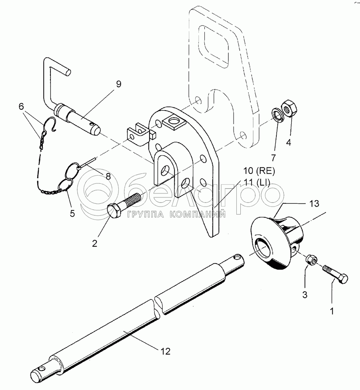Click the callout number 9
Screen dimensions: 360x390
click(119, 84)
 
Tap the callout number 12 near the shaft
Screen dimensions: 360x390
click(166, 351)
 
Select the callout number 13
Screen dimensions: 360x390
click(314, 203)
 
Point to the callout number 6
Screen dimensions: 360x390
click(21, 107)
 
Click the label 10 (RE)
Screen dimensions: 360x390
click(259, 171)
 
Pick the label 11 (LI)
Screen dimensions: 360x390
click(257, 183)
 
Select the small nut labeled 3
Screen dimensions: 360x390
click(310, 260)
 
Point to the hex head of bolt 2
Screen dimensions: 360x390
click(114, 211)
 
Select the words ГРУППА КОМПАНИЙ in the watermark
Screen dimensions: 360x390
click(176, 214)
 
